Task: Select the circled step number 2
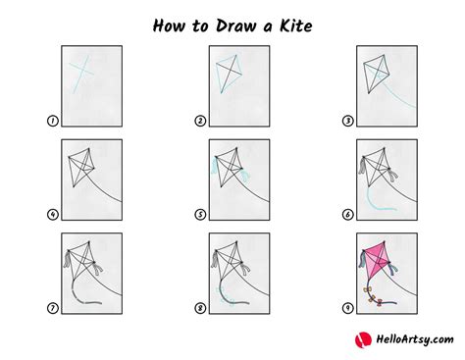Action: pos(200,122)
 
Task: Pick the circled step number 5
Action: pos(200,215)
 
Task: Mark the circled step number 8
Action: pos(200,308)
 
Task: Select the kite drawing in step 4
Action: pos(80,167)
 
